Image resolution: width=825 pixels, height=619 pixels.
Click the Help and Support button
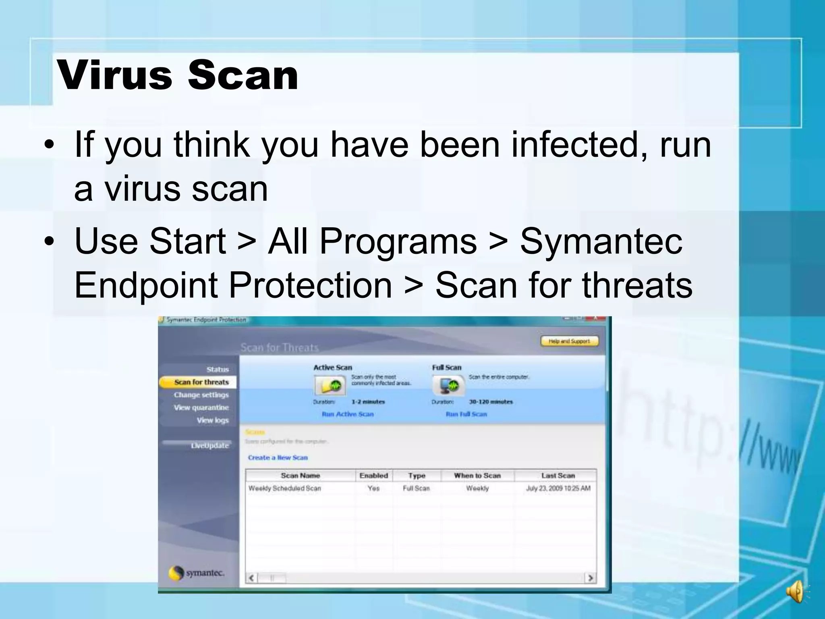coord(569,341)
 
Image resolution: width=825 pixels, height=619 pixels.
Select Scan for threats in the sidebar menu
coord(201,382)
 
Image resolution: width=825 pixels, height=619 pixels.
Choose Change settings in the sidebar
coord(201,395)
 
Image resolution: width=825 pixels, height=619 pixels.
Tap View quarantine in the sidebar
coord(201,407)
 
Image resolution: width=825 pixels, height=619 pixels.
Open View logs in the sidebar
coord(212,420)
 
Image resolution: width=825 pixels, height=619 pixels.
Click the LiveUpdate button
coord(209,445)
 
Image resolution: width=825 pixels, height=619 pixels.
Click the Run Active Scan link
coord(348,414)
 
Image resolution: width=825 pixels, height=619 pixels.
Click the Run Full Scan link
coord(466,414)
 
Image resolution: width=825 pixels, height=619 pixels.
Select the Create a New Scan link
coord(278,457)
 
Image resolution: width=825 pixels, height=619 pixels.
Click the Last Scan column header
coord(558,476)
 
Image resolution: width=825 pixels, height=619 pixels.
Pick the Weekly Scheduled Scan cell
coord(285,488)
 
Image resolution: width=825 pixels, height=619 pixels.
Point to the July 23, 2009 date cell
coord(558,488)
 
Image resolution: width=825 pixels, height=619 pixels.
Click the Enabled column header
coord(373,476)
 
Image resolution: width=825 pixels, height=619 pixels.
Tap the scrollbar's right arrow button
coord(590,578)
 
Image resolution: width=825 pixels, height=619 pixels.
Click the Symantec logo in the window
coord(196,573)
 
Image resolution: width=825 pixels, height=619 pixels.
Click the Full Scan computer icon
coord(448,385)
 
